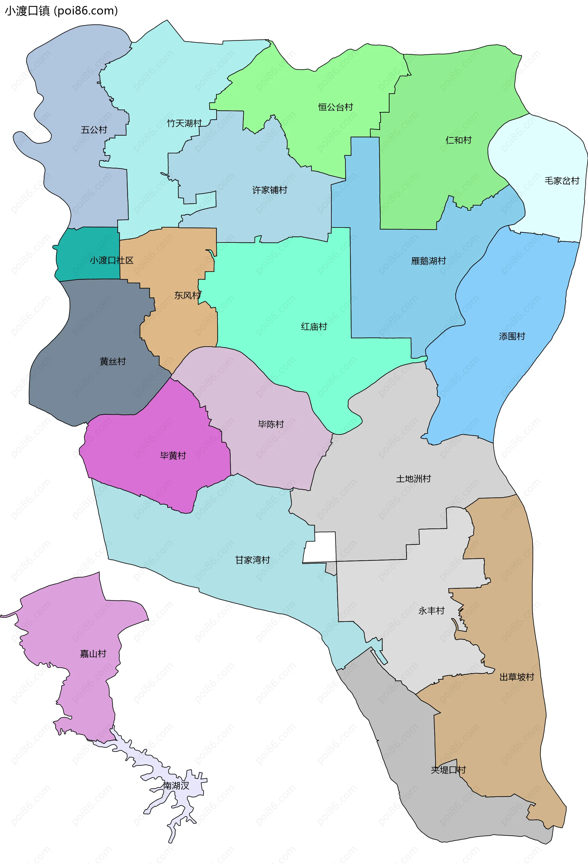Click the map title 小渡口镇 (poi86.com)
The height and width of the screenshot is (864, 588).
click(x=61, y=11)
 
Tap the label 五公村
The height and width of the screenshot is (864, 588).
click(x=94, y=130)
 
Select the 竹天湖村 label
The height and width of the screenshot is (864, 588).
click(x=184, y=123)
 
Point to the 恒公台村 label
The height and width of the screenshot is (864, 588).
click(x=335, y=107)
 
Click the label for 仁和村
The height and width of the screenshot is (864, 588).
click(x=458, y=140)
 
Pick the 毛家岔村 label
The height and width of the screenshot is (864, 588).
click(x=562, y=181)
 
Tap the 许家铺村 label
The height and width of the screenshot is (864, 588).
click(x=269, y=190)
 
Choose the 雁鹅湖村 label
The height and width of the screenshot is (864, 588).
click(x=428, y=261)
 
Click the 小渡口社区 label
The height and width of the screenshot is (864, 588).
click(x=111, y=260)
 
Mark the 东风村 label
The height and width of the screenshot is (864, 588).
click(x=187, y=295)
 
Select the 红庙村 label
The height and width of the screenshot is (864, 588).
click(x=314, y=326)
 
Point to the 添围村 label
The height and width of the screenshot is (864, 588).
click(x=512, y=336)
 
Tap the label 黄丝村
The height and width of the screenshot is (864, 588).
click(x=113, y=361)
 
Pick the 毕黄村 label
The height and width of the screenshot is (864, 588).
click(x=173, y=456)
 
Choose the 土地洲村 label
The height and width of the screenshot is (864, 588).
click(x=413, y=479)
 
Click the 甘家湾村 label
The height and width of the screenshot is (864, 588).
click(x=252, y=560)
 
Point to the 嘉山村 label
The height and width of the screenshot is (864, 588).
click(x=93, y=654)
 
